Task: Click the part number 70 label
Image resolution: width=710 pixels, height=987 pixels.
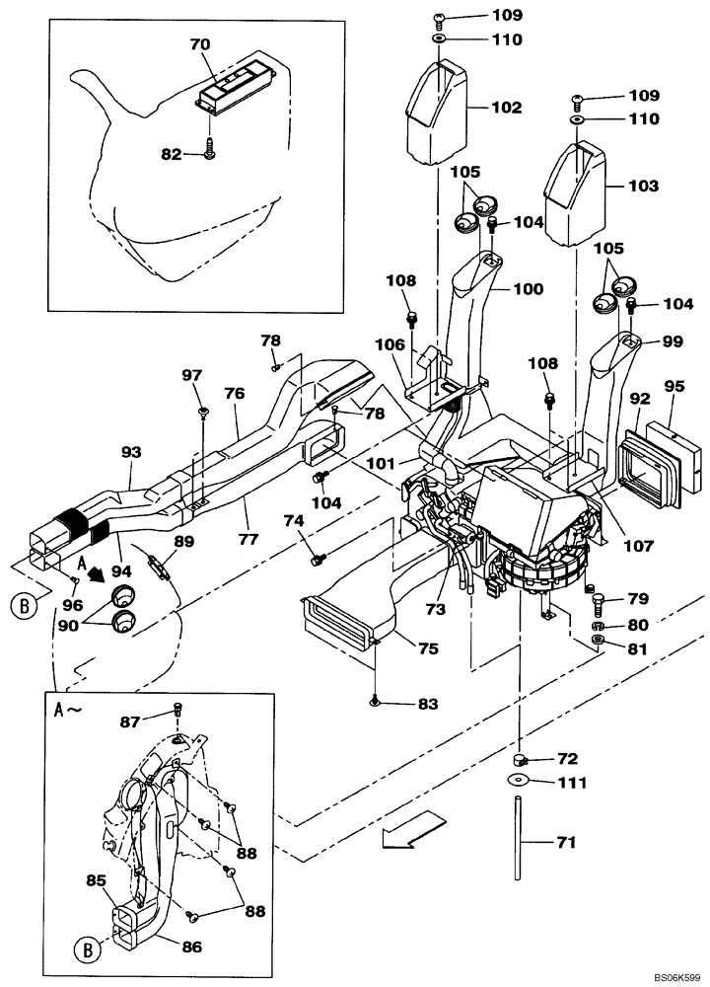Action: coord(200,44)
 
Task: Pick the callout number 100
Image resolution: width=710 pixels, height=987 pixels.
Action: coord(529,289)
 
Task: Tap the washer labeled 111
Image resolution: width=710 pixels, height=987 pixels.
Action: coord(518,783)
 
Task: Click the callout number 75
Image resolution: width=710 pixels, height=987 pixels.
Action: coord(429,648)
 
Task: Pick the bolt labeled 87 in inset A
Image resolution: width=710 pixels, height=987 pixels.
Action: coord(177,709)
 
